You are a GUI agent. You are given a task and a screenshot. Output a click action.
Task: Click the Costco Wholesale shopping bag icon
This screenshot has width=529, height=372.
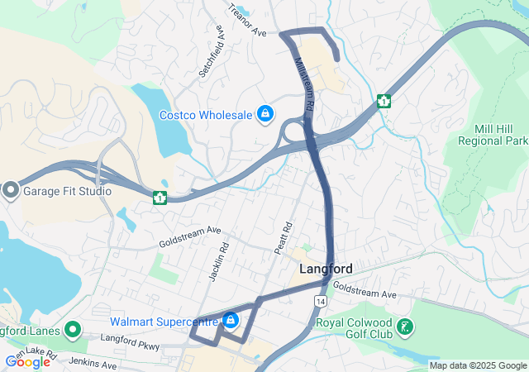[x=265, y=114]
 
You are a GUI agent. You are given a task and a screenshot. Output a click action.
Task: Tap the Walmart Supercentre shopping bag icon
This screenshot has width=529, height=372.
[x=230, y=320]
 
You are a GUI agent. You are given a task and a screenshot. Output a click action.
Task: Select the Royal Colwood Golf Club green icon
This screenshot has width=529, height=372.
[x=405, y=327]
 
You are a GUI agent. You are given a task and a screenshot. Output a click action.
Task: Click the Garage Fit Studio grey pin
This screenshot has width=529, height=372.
[x=10, y=191]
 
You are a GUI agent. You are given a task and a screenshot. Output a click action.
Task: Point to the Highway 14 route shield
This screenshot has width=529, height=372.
[x=320, y=302]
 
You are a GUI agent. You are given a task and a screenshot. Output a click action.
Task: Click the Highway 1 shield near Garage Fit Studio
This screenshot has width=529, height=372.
[x=160, y=198]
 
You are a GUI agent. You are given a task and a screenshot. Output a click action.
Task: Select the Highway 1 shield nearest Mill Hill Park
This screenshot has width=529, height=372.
[x=384, y=101]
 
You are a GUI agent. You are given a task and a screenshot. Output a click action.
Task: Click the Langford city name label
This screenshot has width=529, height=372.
[x=326, y=269]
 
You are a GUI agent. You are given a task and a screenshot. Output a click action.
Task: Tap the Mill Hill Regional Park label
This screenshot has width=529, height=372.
[x=493, y=135]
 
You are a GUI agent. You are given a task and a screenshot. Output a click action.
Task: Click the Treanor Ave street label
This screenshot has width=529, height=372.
[x=248, y=26]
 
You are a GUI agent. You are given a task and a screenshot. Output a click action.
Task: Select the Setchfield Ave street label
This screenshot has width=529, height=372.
[x=212, y=51]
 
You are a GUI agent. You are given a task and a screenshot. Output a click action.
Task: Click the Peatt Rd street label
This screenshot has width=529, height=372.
[x=283, y=237]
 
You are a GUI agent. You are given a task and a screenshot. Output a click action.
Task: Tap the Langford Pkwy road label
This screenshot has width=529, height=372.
[x=129, y=338]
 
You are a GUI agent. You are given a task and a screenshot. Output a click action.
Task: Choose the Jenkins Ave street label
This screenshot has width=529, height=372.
[x=93, y=363]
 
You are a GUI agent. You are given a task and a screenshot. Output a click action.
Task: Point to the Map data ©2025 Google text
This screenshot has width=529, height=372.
[x=478, y=365]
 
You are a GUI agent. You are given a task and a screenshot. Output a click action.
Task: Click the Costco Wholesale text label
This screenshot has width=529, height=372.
[x=205, y=115]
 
